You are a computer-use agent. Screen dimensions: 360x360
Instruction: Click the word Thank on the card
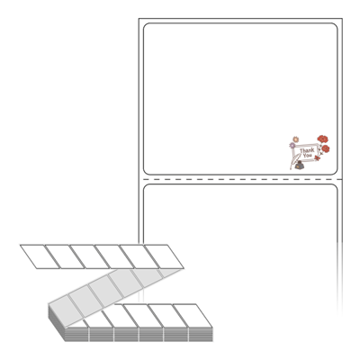[307, 150]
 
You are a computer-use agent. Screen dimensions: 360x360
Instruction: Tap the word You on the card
[308, 156]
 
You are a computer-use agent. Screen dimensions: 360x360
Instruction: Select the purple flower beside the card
[292, 145]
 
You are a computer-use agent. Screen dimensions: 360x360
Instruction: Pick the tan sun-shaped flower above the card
[296, 139]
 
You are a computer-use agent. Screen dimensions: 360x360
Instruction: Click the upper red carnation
[323, 139]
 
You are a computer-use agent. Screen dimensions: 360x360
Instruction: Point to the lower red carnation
[326, 148]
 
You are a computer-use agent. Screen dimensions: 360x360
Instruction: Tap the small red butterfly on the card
[317, 158]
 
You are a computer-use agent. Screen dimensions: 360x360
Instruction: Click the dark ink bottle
[299, 166]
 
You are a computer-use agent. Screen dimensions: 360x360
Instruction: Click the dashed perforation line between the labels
[242, 179]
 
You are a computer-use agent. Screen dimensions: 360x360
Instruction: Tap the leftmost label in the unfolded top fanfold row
[39, 256]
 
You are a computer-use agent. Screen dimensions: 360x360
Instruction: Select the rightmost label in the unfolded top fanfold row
[163, 256]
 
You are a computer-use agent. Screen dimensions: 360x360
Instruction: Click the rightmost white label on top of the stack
[193, 316]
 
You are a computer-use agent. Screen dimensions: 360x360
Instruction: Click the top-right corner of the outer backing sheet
[342, 19]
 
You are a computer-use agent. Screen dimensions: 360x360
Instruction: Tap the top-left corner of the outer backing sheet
[139, 19]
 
